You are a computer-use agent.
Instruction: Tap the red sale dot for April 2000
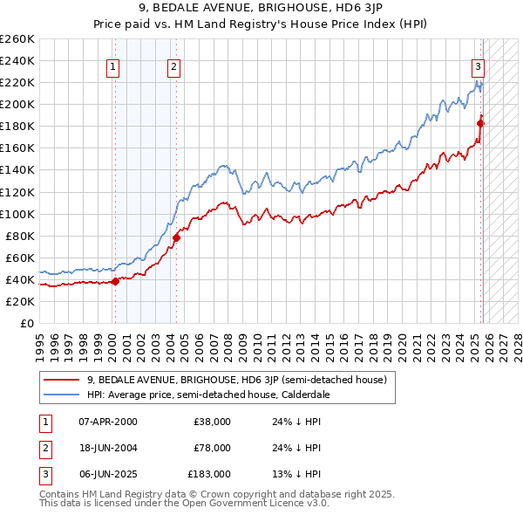[x=115, y=281]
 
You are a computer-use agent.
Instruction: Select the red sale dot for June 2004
[x=176, y=237]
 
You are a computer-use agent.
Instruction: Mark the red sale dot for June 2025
[x=480, y=123]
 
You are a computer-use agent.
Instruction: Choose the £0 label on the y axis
[x=26, y=323]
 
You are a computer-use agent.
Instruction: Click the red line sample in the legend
[x=61, y=380]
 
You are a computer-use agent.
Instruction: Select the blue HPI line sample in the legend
[x=61, y=394]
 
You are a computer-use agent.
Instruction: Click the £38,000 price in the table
[x=212, y=422]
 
